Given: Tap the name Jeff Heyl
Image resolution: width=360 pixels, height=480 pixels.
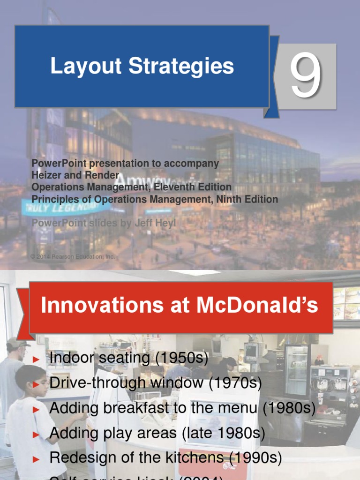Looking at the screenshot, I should pyautogui.click(x=155, y=223).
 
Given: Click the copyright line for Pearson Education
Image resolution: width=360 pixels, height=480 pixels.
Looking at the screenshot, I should pyautogui.click(x=72, y=256).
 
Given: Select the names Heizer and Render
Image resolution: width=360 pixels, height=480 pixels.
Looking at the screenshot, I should pyautogui.click(x=75, y=175).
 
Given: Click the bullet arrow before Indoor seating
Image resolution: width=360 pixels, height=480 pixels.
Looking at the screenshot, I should pyautogui.click(x=37, y=360).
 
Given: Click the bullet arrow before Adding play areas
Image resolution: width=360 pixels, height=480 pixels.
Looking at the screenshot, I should pyautogui.click(x=37, y=435).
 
